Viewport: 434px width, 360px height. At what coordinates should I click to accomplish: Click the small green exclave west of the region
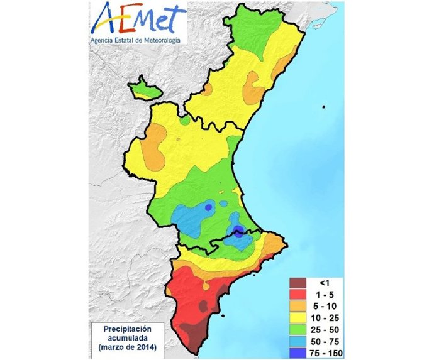point(144,89)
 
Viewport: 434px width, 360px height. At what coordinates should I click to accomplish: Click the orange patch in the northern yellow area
point(253,87)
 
